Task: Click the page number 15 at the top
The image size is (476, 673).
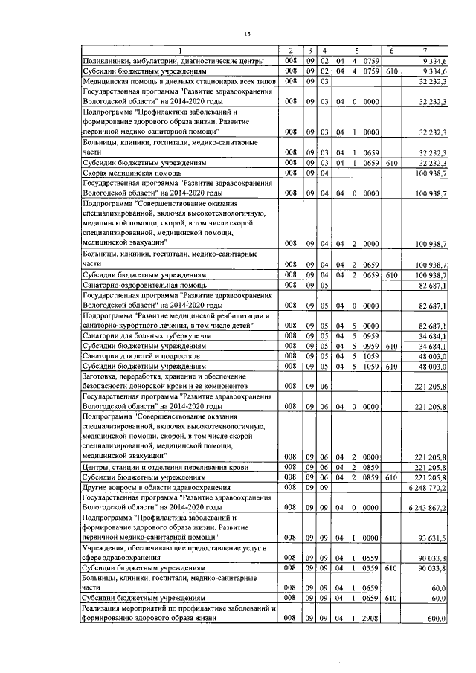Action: (247, 33)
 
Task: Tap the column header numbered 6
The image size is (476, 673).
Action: (391, 50)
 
